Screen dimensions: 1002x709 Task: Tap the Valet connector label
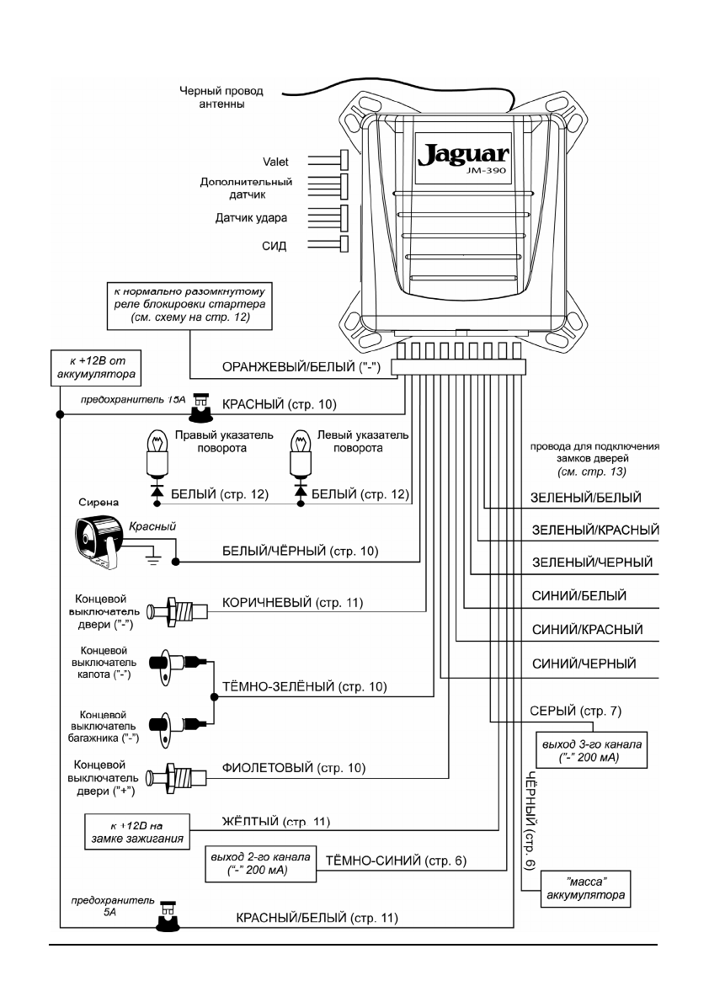278,160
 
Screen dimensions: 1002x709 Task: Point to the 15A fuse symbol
201,407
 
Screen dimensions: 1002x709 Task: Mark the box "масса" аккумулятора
584,890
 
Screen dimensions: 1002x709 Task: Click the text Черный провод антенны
224,98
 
